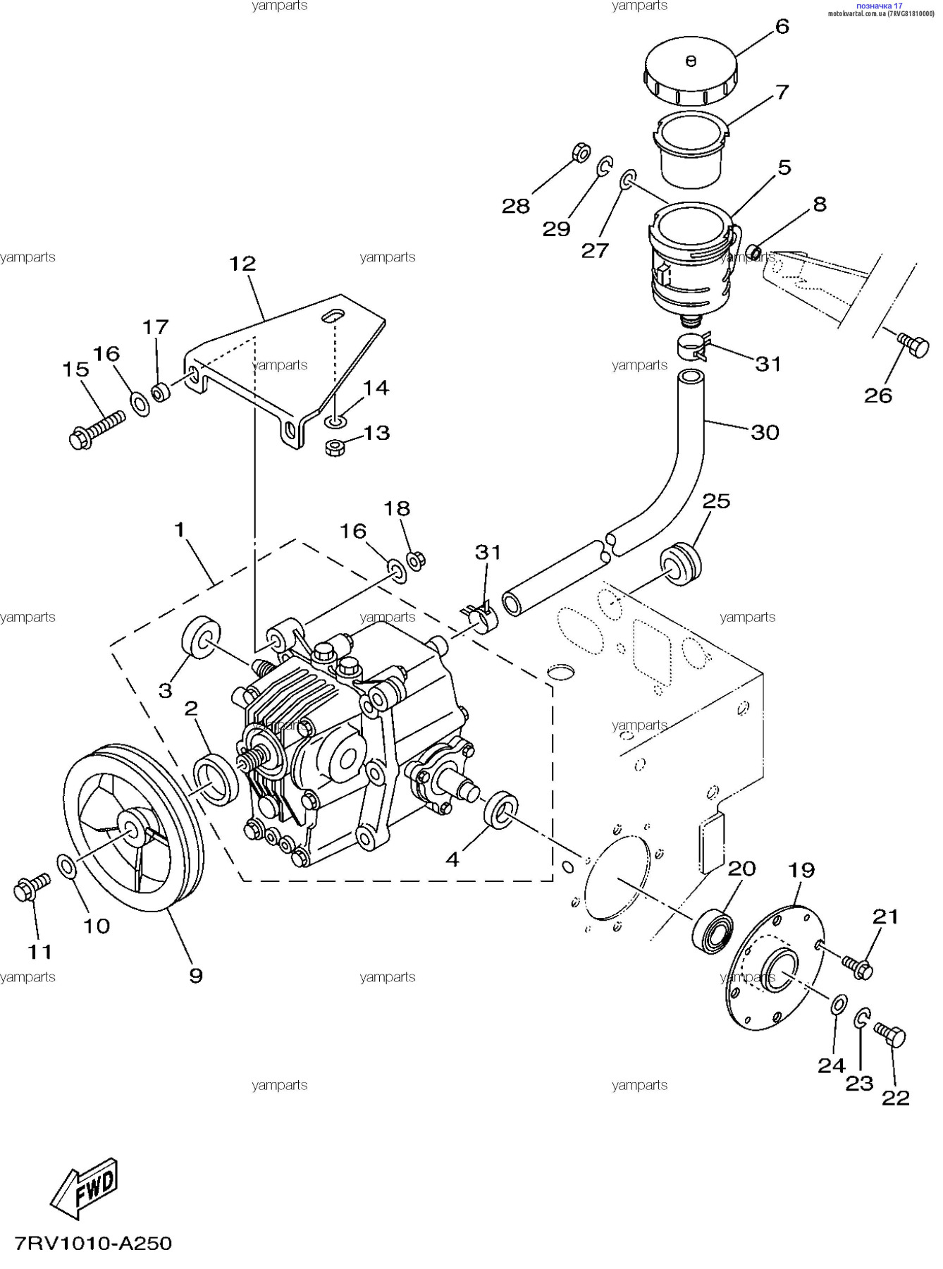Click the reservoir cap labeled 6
tap(691, 70)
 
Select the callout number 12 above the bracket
tap(242, 264)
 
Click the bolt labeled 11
tap(32, 887)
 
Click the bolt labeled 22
tap(890, 1034)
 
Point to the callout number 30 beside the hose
tap(765, 432)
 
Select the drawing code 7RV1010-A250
tap(94, 1243)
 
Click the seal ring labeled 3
tap(202, 638)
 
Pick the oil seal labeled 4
tap(501, 810)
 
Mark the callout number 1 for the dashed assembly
tap(180, 529)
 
